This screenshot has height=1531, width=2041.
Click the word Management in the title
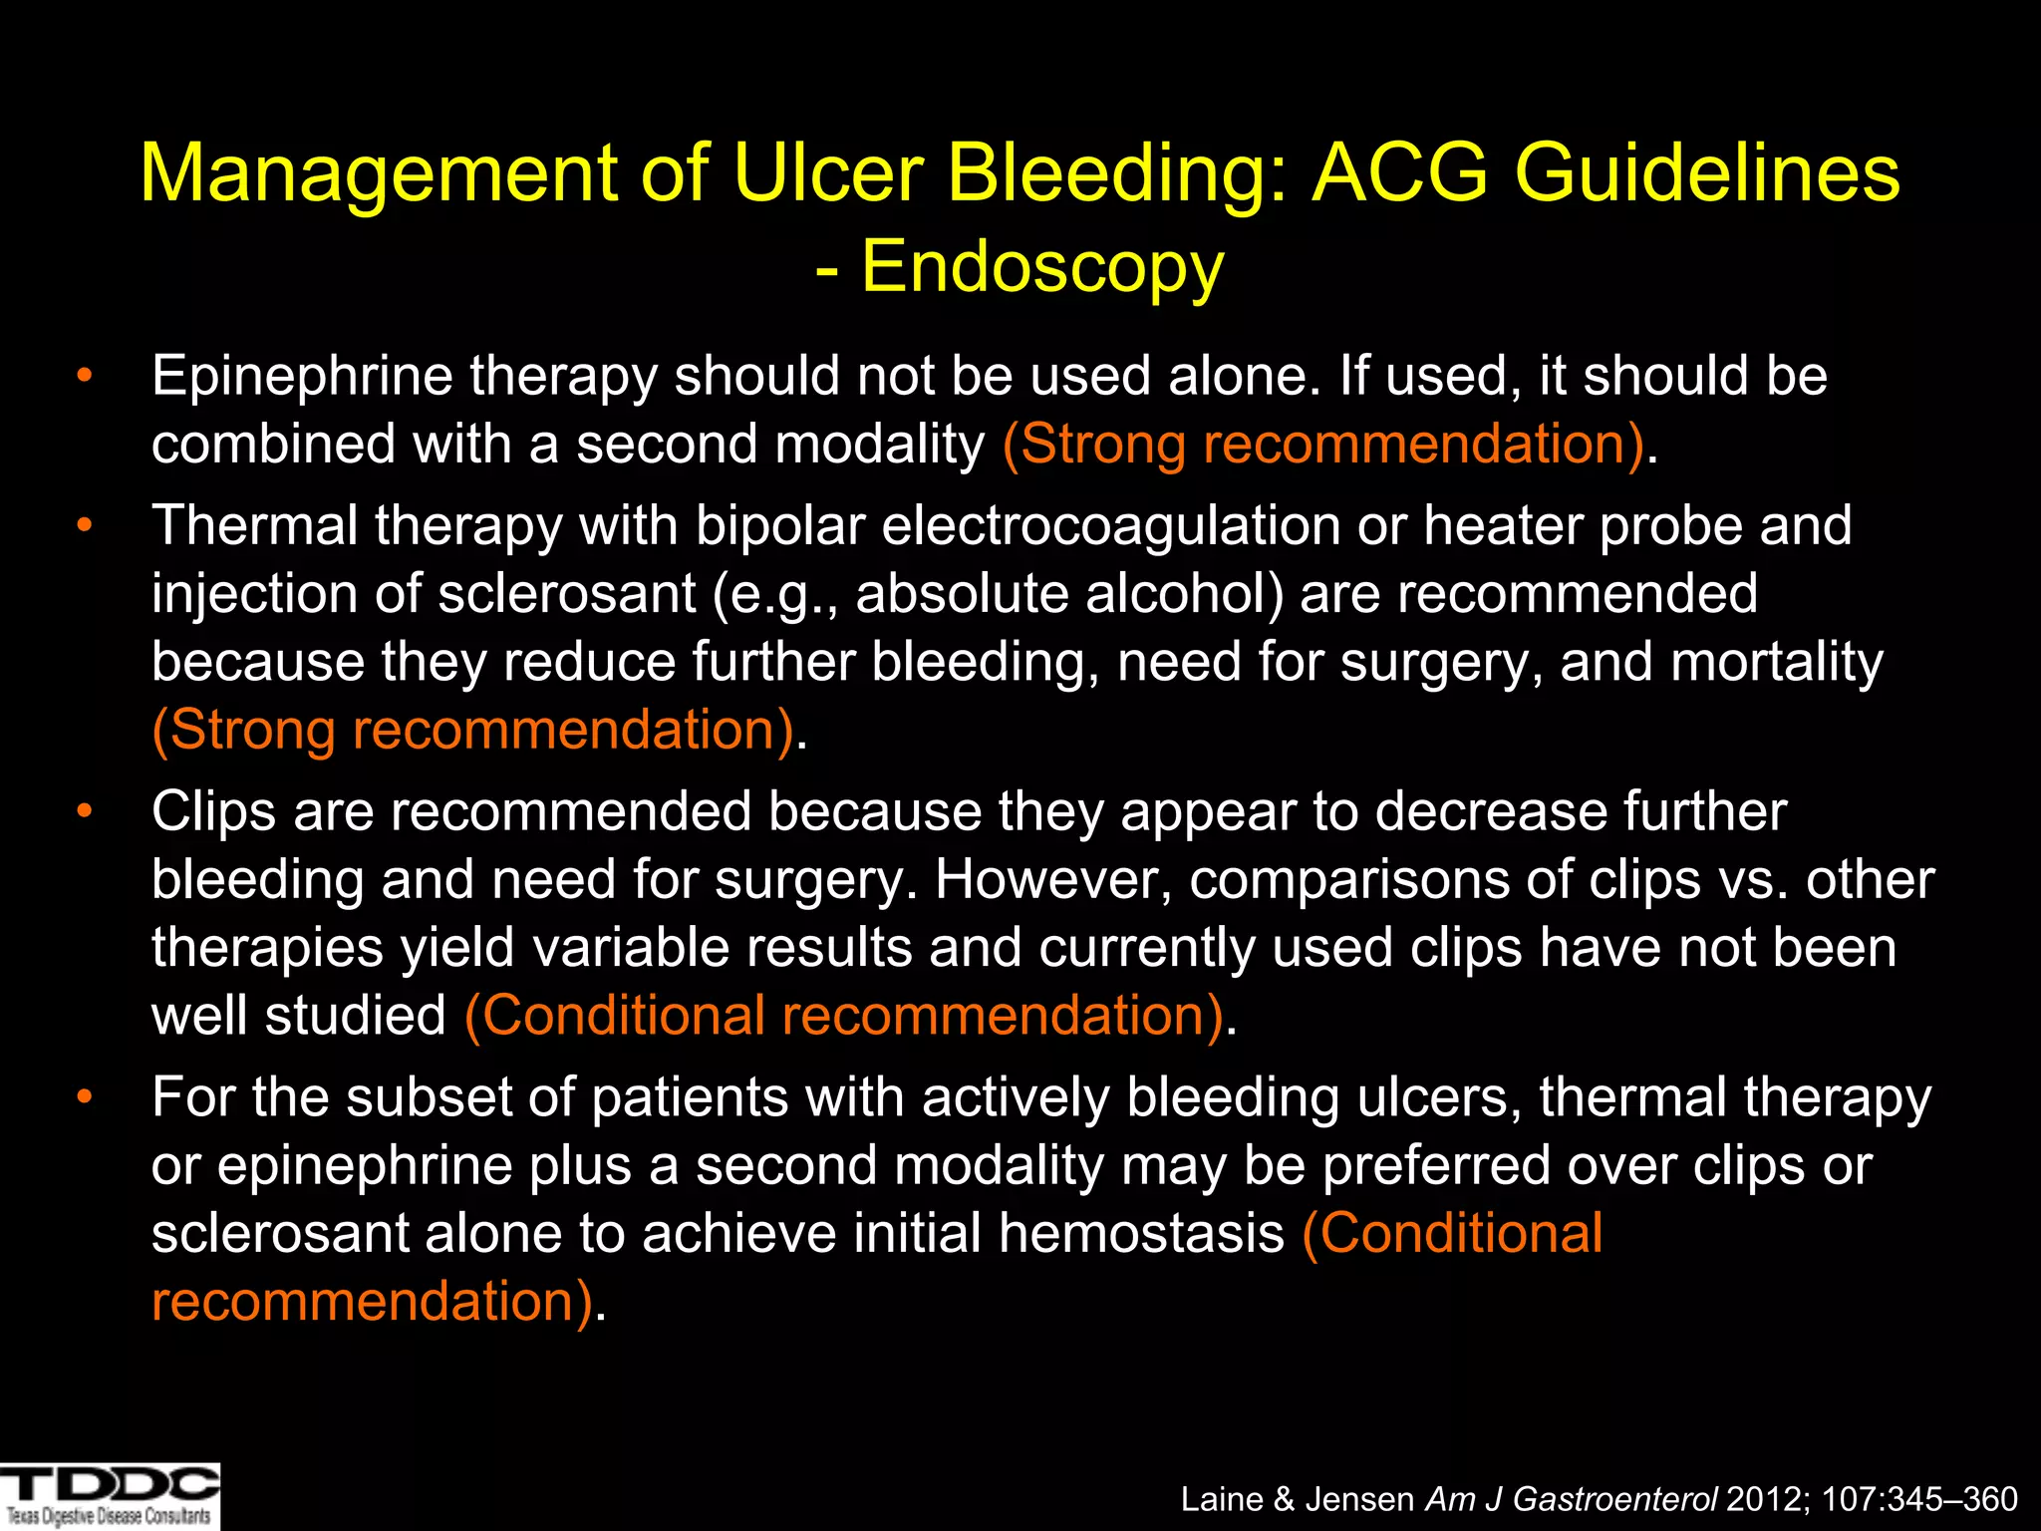pos(379,173)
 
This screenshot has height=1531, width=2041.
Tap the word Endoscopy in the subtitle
pos(1041,267)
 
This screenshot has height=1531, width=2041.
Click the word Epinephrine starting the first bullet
pos(302,377)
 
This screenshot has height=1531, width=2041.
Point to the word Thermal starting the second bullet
pos(254,525)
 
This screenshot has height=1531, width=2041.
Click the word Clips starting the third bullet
pos(213,811)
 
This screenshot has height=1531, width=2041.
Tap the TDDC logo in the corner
pos(110,1495)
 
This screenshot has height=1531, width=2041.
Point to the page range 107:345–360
pos(1919,1499)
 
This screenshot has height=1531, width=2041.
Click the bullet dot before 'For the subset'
pos(85,1097)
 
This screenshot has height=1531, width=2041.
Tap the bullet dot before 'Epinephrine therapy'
pos(85,376)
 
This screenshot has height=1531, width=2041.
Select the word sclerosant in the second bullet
pos(567,594)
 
